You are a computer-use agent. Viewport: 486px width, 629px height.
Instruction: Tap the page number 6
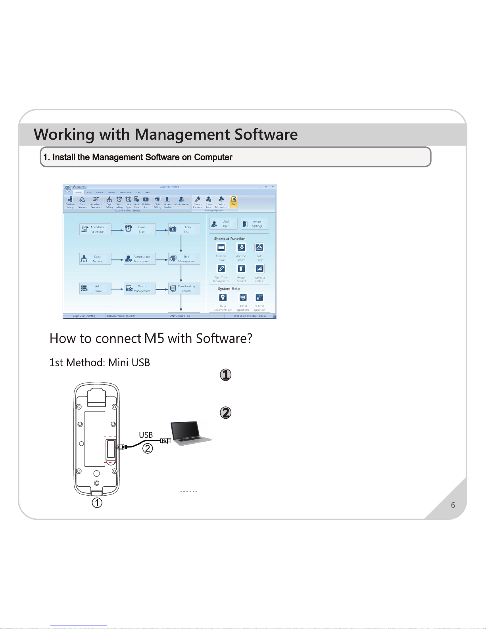(453, 505)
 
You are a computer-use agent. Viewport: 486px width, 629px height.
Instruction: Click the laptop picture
(191, 434)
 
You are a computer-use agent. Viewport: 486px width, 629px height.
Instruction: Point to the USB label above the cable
(146, 435)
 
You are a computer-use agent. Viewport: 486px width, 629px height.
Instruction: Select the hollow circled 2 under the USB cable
(148, 448)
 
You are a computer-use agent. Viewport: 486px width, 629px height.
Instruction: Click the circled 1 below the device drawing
(97, 503)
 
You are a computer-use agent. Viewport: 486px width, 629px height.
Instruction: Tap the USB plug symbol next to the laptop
(166, 440)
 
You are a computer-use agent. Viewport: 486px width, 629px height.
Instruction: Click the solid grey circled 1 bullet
(225, 375)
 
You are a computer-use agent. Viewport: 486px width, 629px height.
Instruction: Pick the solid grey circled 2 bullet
(225, 413)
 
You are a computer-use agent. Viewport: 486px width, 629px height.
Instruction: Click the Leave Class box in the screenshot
(139, 229)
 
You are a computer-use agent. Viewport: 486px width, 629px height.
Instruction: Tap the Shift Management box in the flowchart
(184, 259)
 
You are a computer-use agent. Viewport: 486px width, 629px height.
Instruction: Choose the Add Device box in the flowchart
(95, 289)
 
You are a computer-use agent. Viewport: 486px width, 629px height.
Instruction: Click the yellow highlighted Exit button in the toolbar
(234, 201)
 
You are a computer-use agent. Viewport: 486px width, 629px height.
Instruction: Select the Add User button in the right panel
(223, 224)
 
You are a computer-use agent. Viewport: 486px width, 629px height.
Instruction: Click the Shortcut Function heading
(229, 239)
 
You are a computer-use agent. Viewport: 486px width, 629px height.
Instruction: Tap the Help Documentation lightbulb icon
(223, 298)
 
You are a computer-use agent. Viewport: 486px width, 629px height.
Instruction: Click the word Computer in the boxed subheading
(213, 157)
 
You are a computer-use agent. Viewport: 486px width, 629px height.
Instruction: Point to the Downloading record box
(184, 289)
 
